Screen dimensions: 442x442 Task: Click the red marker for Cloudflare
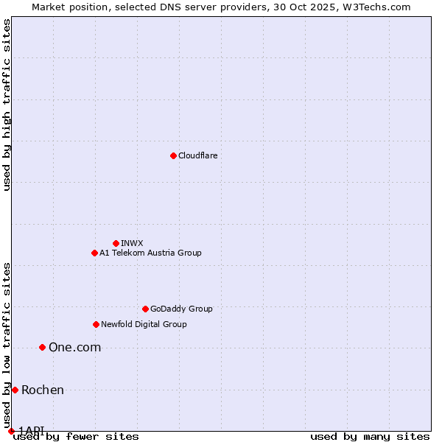(173, 155)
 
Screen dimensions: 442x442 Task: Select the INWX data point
(116, 243)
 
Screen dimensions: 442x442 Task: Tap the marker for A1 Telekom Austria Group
(94, 253)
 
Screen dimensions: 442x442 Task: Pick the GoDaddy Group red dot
(145, 309)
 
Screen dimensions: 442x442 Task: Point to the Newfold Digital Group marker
(96, 324)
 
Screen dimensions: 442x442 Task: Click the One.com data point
(42, 347)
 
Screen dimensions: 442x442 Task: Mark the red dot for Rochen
(15, 390)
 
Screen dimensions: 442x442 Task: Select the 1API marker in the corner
(11, 431)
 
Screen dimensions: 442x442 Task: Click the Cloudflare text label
(197, 155)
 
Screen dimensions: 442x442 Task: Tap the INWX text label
(132, 243)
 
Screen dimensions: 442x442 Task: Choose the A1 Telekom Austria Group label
(150, 253)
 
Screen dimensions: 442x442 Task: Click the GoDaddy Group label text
(181, 309)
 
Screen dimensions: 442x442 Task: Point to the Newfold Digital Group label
(144, 324)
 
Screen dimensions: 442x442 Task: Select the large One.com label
(74, 348)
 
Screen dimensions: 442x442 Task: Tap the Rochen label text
(43, 390)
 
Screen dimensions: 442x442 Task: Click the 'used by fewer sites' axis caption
(76, 436)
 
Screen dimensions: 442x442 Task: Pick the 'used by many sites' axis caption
(370, 436)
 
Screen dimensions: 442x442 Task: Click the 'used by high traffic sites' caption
(7, 105)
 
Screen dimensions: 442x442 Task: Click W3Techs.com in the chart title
(379, 7)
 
